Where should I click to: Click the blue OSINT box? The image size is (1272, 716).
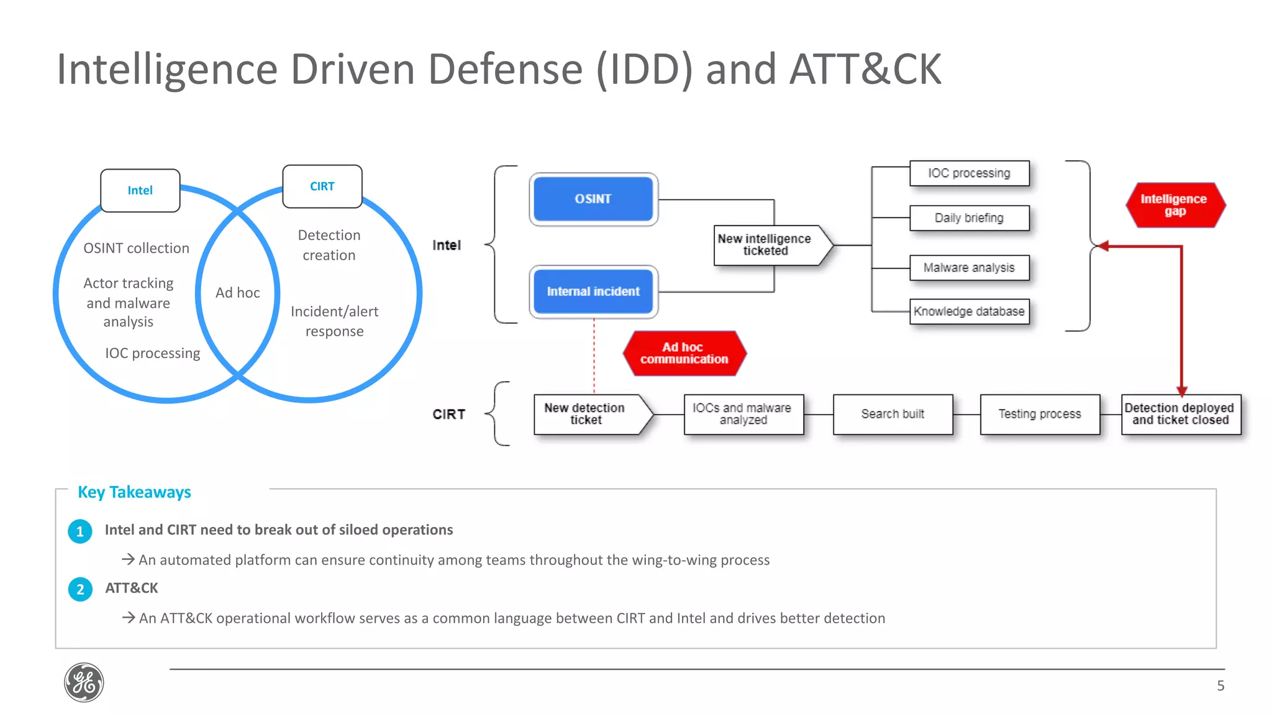(x=593, y=199)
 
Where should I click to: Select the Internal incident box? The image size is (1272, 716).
(x=593, y=291)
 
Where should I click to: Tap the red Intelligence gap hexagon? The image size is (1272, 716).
(x=1174, y=204)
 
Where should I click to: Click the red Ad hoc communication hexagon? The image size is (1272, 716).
(x=684, y=353)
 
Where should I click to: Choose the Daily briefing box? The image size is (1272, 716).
(x=969, y=218)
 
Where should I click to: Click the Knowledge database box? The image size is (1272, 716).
(x=969, y=311)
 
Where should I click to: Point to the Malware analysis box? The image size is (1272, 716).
(x=969, y=268)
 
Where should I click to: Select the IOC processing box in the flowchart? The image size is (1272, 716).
(x=969, y=173)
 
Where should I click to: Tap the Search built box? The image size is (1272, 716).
(x=893, y=414)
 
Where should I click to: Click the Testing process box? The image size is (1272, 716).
(x=1040, y=414)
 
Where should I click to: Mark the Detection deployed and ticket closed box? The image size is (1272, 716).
(x=1180, y=414)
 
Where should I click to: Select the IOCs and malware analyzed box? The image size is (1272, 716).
(x=743, y=414)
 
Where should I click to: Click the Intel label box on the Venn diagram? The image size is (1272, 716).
(x=140, y=191)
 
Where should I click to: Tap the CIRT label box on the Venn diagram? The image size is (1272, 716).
(x=322, y=186)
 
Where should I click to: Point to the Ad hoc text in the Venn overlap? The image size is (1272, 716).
(x=237, y=293)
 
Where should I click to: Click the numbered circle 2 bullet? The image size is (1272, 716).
(x=80, y=589)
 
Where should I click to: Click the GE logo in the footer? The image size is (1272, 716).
(x=84, y=682)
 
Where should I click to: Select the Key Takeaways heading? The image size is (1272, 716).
(x=134, y=492)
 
